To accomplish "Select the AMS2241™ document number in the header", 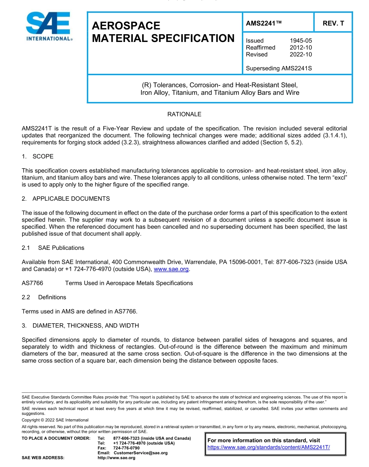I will [263, 23].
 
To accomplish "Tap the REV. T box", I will [333, 23].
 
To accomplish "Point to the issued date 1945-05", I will [301, 40].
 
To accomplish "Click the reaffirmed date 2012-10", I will [301, 47].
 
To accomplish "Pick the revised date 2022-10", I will [301, 54].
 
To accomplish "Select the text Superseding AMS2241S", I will [279, 68].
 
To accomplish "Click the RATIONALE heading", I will [184, 114].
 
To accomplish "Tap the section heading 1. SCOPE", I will [38, 156].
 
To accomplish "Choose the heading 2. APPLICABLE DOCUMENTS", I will [66, 199].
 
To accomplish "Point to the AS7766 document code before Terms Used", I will [32, 283].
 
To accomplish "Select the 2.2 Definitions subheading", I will [44, 297].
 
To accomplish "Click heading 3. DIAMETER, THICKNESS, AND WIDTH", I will [80, 325].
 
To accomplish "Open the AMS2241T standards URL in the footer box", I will [268, 447].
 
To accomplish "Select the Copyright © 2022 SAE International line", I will [55, 420].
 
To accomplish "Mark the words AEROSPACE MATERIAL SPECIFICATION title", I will [163, 32].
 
